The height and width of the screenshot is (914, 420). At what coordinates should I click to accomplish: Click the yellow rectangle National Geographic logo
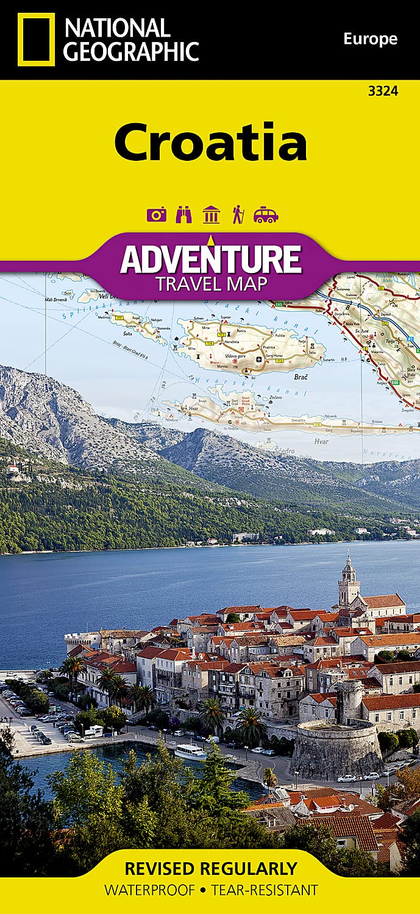pos(36,39)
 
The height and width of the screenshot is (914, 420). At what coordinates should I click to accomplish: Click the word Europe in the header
pos(370,40)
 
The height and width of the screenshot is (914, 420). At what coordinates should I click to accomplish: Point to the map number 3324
pos(383,91)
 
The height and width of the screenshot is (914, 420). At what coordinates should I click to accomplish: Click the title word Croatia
pos(210,141)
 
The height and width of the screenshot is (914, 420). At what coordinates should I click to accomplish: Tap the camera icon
pos(156,214)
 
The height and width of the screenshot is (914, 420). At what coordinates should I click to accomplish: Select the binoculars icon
pos(183,214)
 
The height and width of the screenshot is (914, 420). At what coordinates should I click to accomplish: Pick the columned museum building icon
pos(211,214)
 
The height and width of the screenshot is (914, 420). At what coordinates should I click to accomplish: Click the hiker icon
pos(238,214)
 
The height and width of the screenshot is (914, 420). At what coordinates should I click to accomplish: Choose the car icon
pos(266,214)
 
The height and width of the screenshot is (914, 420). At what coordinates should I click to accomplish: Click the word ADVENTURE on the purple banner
pos(211,258)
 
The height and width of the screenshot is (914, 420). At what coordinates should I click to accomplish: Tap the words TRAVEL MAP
pos(211,283)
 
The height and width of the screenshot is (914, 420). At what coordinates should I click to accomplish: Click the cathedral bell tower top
pos(349,564)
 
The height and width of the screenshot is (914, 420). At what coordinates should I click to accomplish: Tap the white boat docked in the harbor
pos(190,751)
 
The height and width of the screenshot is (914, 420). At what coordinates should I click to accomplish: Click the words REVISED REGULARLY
pos(211,868)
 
